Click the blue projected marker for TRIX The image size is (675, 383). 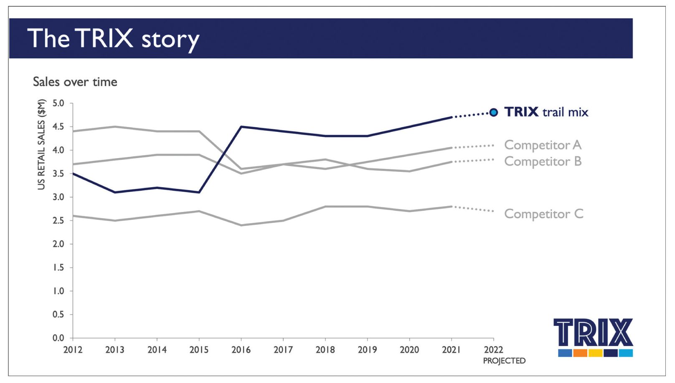tap(493, 112)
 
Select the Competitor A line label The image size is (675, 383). tap(543, 145)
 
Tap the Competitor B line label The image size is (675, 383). tap(543, 161)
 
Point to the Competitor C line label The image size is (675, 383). tap(544, 214)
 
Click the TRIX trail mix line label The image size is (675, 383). tap(546, 112)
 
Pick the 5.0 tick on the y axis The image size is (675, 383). tap(58, 103)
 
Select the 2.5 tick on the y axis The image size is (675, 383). tap(58, 221)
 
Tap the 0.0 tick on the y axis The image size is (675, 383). tap(58, 338)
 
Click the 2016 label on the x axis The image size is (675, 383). tap(241, 350)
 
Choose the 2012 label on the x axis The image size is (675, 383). tap(73, 350)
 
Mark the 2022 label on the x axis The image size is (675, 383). tap(494, 350)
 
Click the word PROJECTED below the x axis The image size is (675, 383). tap(504, 361)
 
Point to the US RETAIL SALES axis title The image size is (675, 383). tap(41, 144)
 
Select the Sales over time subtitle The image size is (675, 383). tap(75, 82)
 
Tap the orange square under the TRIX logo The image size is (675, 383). tap(580, 353)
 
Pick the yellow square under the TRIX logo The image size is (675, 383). tap(596, 353)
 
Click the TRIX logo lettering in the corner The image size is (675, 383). tap(593, 333)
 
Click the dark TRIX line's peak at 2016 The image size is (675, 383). tap(241, 126)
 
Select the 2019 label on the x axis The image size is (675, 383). tap(367, 350)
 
